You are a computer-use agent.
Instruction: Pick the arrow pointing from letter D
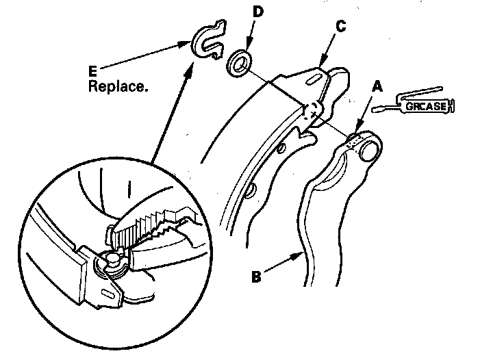pyautogui.click(x=249, y=34)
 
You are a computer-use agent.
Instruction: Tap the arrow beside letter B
pyautogui.click(x=282, y=263)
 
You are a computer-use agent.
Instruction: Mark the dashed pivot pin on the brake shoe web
pyautogui.click(x=311, y=110)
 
